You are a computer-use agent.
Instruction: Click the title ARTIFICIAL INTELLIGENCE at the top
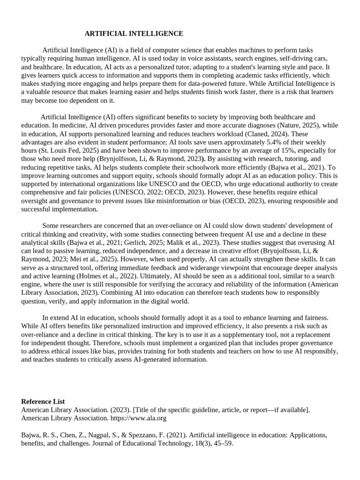134,34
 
